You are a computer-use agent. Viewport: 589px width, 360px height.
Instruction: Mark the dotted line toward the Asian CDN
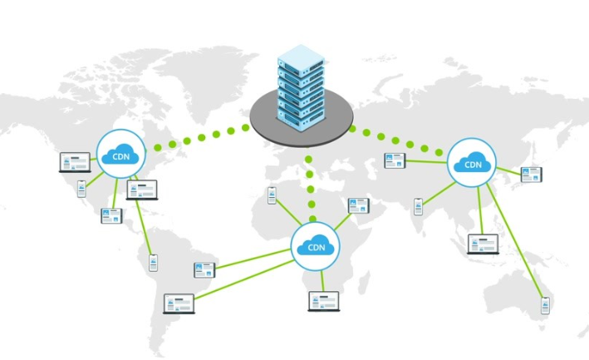(397, 140)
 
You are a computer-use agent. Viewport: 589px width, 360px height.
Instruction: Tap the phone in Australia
(546, 307)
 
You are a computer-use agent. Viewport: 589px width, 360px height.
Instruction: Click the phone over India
(419, 205)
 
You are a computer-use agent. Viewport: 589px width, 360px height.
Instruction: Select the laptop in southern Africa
(324, 300)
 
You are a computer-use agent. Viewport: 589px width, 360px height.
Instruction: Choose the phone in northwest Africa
(272, 195)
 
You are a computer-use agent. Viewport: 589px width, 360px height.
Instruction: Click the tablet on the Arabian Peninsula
(358, 206)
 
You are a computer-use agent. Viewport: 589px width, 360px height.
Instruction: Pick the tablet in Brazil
(204, 269)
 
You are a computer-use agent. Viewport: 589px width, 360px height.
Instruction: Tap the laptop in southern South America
(179, 303)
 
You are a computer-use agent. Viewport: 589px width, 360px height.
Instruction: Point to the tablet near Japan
(531, 175)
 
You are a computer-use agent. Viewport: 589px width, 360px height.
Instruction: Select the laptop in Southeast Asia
(483, 244)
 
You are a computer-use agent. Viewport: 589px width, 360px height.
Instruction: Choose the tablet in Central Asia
(393, 160)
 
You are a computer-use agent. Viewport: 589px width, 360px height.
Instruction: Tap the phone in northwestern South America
(153, 262)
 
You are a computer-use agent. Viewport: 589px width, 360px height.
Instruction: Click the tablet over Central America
(110, 215)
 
